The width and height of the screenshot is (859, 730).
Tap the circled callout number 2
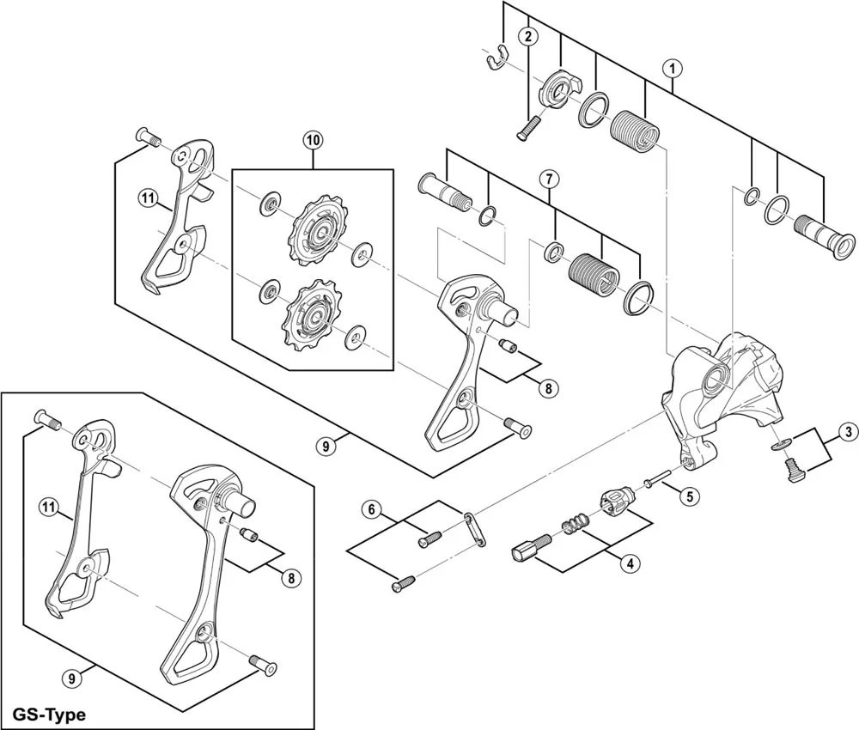point(527,36)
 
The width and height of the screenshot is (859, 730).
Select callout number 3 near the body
point(846,431)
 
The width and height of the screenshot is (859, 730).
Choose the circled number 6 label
point(372,509)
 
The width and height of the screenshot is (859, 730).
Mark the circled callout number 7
point(549,179)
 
